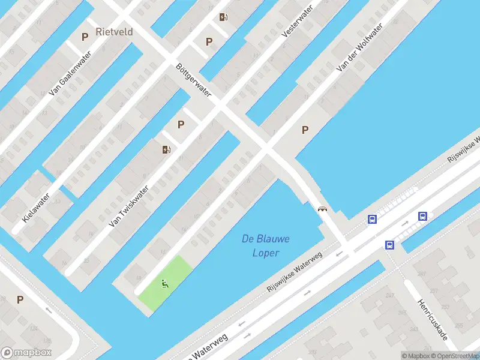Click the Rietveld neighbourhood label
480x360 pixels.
coord(114,31)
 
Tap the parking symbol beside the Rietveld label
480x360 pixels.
coord(85,37)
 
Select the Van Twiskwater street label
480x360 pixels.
coord(128,205)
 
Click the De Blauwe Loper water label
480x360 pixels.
coord(265,245)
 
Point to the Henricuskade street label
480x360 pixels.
coord(432,320)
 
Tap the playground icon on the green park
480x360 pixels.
coord(164,283)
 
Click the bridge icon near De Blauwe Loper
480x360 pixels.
coord(322,209)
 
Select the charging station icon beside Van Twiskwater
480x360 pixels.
coord(166,149)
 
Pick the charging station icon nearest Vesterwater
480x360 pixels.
coord(223,17)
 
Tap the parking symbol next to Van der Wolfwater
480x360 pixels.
coord(305,130)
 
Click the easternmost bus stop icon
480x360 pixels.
coord(423,216)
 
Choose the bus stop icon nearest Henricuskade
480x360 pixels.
coord(389,245)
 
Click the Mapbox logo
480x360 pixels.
coord(26,353)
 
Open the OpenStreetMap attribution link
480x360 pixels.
coord(453,355)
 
